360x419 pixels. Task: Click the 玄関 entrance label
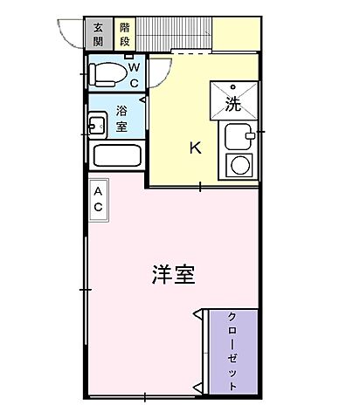[x=97, y=33]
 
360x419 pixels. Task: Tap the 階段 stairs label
[x=126, y=33]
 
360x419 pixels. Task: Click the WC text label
[x=134, y=72]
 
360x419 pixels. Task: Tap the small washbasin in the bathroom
[x=96, y=124]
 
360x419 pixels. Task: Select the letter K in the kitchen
[x=196, y=148]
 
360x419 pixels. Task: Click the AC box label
[x=99, y=200]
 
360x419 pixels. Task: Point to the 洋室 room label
[x=172, y=274]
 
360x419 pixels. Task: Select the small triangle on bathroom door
[x=146, y=105]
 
